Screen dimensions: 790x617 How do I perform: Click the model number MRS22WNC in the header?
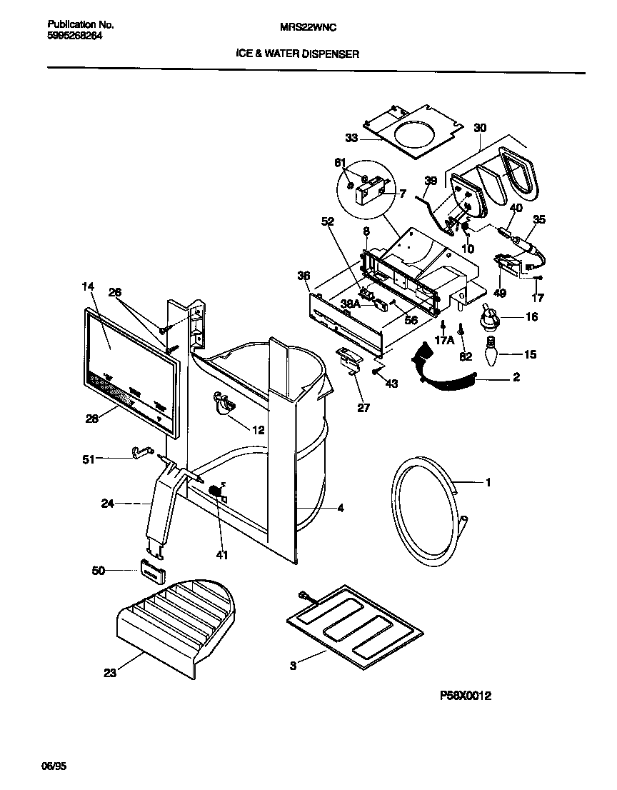click(x=308, y=26)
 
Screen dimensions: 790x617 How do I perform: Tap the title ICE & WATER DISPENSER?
click(x=298, y=53)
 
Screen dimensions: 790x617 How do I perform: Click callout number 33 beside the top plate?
click(x=351, y=138)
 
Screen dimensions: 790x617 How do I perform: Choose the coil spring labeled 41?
click(x=215, y=493)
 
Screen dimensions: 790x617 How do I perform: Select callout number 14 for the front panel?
click(x=88, y=286)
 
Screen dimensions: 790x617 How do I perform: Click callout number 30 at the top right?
click(x=480, y=128)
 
